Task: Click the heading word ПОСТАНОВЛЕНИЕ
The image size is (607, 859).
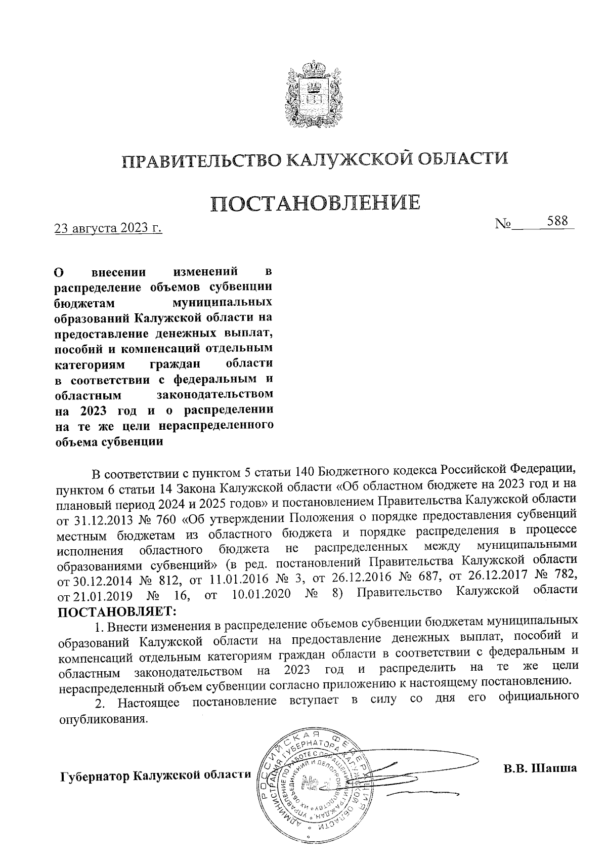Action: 315,203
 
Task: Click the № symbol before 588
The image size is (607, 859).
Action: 503,224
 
